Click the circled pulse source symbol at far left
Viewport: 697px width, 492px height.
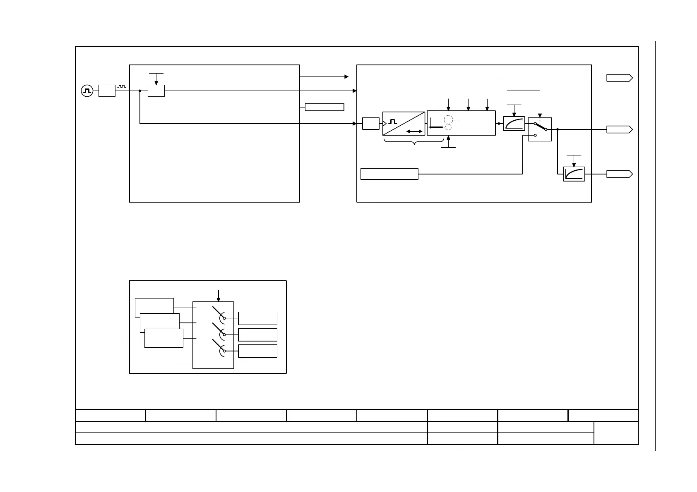coord(87,91)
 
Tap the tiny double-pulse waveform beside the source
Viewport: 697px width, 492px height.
coord(121,86)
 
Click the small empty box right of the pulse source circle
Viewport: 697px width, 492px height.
coord(107,91)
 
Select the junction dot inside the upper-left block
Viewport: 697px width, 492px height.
coord(140,91)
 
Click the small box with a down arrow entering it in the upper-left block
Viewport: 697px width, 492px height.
coord(156,91)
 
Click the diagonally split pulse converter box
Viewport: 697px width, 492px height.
coord(404,123)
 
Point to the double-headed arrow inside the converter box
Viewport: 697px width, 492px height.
coord(414,131)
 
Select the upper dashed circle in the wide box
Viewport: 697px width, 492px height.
coord(448,119)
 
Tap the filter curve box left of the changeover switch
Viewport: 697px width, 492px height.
coord(514,124)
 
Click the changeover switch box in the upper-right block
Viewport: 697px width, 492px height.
coord(540,129)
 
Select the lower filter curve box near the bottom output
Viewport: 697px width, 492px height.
coord(574,174)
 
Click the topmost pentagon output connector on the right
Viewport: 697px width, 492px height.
coord(619,78)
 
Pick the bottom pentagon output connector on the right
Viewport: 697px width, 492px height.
coord(619,174)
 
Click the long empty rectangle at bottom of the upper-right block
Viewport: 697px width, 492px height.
coord(389,174)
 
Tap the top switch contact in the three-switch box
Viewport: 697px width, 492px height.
coord(219,313)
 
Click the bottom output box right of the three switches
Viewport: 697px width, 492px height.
coord(257,351)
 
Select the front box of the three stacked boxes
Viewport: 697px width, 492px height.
coord(163,338)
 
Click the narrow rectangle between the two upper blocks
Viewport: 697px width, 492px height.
coord(324,107)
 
